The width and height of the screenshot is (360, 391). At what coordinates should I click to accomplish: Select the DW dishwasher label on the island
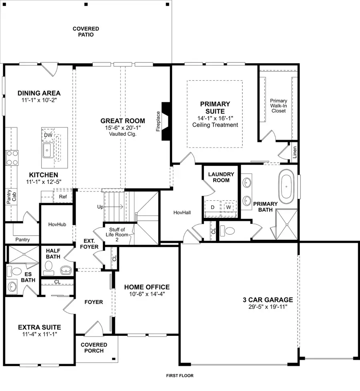pos(48,135)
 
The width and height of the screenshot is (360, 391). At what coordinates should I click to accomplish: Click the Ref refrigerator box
pos(62,196)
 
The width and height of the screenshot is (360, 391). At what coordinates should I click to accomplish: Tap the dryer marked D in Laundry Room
pos(212,207)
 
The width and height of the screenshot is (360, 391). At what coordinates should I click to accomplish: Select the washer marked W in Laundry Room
pos(228,207)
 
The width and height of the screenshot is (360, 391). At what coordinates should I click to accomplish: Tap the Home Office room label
pos(146,287)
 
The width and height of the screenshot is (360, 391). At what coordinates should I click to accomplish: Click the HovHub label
pos(56,225)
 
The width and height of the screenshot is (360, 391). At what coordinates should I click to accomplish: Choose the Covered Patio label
pos(86,32)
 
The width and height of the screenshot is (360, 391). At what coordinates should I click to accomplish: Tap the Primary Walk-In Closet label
pos(278,106)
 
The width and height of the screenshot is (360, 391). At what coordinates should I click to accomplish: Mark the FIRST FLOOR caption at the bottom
pos(180,376)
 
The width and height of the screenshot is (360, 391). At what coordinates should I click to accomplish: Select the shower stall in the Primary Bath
pos(287,225)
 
